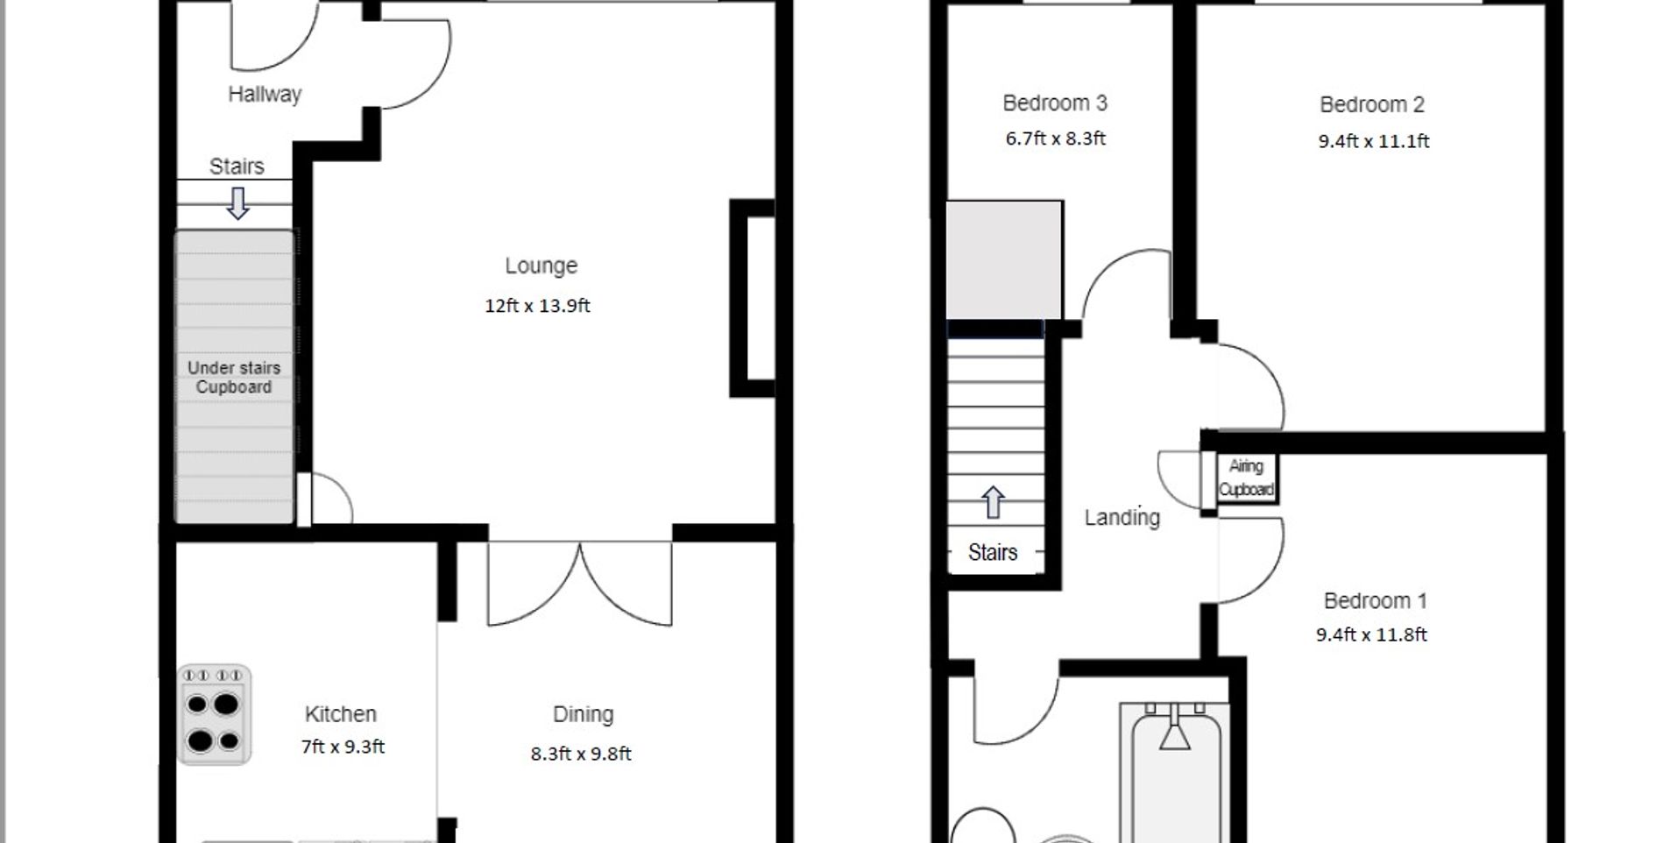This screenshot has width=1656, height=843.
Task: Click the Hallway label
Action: tap(265, 94)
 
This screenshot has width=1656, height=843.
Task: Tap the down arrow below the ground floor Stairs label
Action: tap(237, 202)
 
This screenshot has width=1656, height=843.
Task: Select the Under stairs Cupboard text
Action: tap(234, 378)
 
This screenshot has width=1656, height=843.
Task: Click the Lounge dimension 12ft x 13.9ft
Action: tap(537, 306)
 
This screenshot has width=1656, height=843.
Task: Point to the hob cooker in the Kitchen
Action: tap(215, 715)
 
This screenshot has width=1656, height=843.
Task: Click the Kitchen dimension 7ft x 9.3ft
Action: tap(343, 747)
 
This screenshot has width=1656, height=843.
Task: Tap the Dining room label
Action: tap(583, 714)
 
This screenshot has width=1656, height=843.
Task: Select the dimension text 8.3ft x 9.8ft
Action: tap(580, 754)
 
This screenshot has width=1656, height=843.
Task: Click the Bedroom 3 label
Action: tap(1055, 103)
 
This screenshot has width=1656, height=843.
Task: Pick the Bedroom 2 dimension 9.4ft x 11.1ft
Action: tap(1373, 141)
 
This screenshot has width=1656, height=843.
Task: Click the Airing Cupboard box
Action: tap(1246, 478)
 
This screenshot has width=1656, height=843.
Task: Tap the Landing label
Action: tap(1122, 517)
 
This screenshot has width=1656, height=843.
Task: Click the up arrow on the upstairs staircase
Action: tap(993, 502)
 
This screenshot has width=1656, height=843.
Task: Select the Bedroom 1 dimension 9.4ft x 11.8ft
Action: tap(1371, 634)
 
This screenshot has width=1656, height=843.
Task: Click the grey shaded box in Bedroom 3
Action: tap(1004, 260)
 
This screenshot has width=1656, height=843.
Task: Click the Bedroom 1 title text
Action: tap(1375, 601)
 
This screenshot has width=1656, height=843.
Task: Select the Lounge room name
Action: tap(541, 266)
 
